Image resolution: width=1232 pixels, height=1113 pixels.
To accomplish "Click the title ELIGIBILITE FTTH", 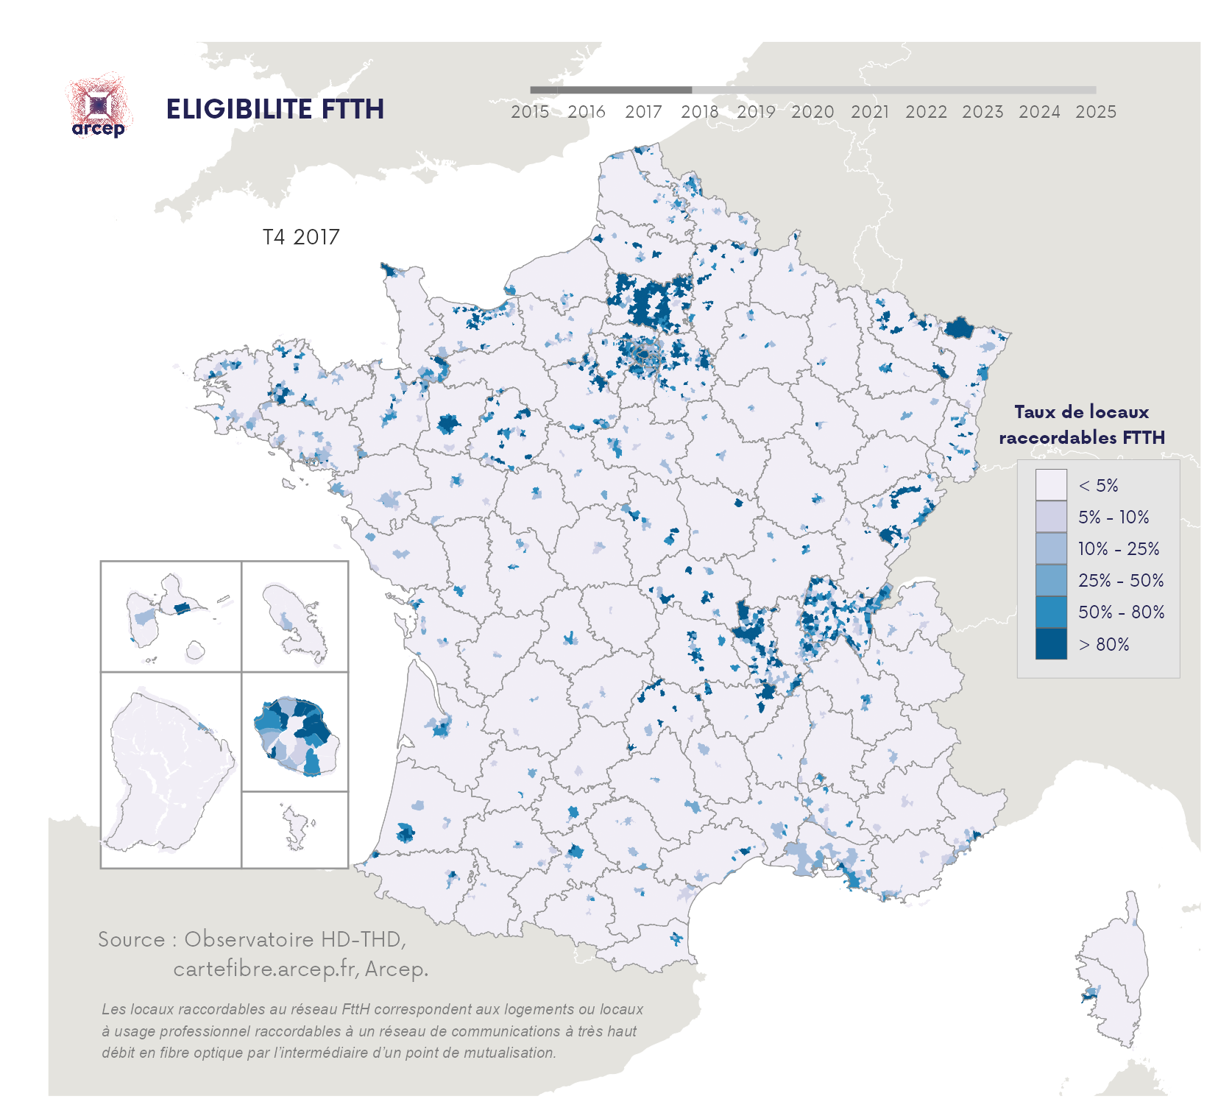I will pyautogui.click(x=275, y=109).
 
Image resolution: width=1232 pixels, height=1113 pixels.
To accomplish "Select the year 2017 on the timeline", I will pyautogui.click(x=643, y=112).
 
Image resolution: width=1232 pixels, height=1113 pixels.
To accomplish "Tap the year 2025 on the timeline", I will pyautogui.click(x=1095, y=112).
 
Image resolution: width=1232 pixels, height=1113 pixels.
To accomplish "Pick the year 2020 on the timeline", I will pyautogui.click(x=813, y=112).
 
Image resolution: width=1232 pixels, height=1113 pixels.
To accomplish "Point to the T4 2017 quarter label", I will pyautogui.click(x=301, y=237).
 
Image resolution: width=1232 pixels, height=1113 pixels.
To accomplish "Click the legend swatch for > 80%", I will pyautogui.click(x=1050, y=644).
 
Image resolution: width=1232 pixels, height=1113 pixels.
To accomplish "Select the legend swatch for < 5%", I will pyautogui.click(x=1050, y=485).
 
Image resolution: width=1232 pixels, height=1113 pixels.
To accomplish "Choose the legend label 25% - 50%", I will pyautogui.click(x=1121, y=581).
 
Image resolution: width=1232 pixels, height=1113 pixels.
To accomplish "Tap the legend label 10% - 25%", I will pyautogui.click(x=1119, y=549).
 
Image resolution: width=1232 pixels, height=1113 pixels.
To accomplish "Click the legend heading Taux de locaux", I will pyautogui.click(x=1081, y=412).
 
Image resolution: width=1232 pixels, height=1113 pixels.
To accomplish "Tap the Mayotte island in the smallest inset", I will pyautogui.click(x=296, y=828).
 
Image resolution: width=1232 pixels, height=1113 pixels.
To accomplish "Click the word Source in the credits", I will pyautogui.click(x=132, y=940).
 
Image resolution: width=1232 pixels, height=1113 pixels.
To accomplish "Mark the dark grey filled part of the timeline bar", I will pyautogui.click(x=610, y=90).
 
